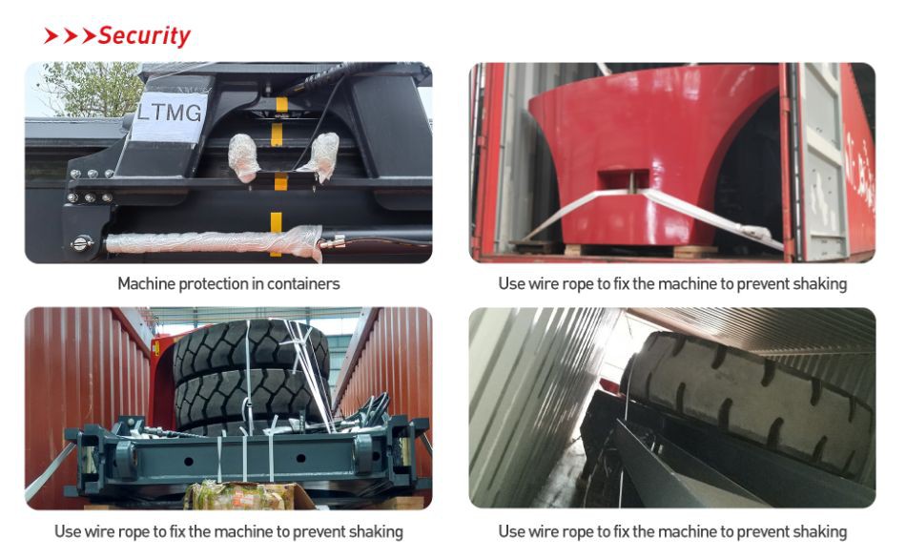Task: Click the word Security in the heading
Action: tap(144, 36)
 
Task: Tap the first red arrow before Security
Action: tap(51, 36)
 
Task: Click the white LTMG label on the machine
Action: tap(169, 116)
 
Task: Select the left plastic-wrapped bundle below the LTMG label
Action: tap(243, 157)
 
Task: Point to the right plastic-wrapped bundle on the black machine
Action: tap(320, 156)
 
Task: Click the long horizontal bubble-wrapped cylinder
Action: tap(214, 243)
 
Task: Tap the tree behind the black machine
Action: tap(90, 88)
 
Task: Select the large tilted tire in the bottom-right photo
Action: tap(746, 399)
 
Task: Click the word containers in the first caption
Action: tap(302, 284)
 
